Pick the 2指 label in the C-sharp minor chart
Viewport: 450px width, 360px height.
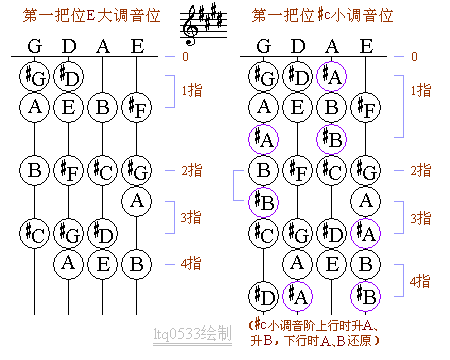click(421, 170)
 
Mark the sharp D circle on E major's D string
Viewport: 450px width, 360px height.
click(69, 76)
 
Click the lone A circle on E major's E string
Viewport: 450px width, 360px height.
click(136, 202)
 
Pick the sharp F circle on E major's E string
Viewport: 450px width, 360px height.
click(136, 107)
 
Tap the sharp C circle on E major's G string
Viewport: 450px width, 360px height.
click(36, 233)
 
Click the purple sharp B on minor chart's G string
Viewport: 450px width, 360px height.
click(265, 202)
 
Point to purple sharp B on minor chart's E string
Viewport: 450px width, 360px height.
click(367, 296)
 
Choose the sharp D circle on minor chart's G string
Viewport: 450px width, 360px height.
click(265, 296)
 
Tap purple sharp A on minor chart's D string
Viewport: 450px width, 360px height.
click(298, 296)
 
